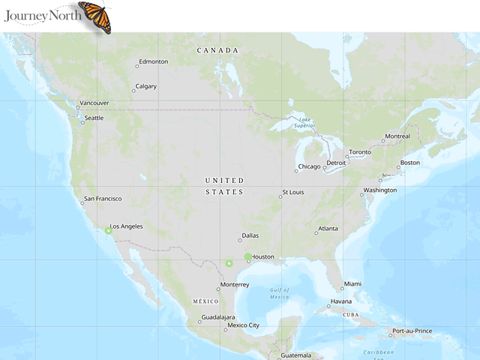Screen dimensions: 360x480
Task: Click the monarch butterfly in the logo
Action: (95, 16)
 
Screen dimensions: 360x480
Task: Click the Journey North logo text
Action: (40, 14)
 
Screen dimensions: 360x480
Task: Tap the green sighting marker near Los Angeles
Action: (108, 231)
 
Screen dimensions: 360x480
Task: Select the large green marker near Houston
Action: (248, 257)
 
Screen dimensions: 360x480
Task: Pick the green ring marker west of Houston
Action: (229, 263)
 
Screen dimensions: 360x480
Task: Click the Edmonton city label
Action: (154, 61)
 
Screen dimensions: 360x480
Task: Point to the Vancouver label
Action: (94, 103)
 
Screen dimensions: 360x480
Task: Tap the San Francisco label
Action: (103, 199)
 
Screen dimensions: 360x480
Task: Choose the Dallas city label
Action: (250, 235)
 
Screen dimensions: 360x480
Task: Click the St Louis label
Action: (293, 193)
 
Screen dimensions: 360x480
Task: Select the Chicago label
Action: (309, 166)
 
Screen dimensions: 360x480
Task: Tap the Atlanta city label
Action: (328, 229)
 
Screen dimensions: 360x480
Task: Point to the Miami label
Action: (352, 284)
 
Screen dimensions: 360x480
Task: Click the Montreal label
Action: (397, 136)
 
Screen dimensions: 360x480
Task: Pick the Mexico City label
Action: (244, 325)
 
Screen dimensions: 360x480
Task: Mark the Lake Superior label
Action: (304, 122)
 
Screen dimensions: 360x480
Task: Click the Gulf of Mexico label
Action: (280, 293)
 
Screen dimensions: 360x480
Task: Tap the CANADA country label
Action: (217, 50)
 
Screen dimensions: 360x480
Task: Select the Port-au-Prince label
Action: (412, 331)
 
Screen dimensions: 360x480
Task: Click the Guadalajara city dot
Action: (199, 322)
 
